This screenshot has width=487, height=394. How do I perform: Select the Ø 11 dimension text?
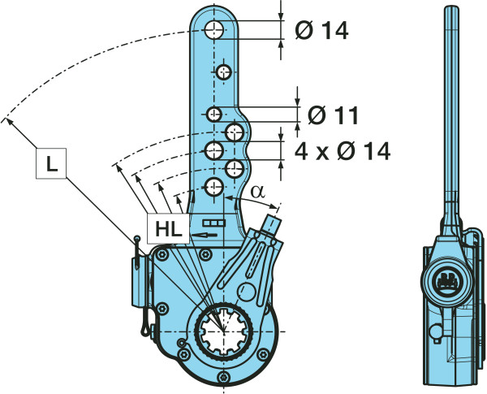(333, 115)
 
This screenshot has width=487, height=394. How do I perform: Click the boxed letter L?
(51, 165)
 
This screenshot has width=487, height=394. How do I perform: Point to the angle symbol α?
(256, 193)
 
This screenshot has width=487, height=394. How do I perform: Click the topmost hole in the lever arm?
(214, 31)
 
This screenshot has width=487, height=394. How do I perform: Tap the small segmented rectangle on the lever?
(213, 222)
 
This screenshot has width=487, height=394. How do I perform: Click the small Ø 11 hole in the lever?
(214, 113)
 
